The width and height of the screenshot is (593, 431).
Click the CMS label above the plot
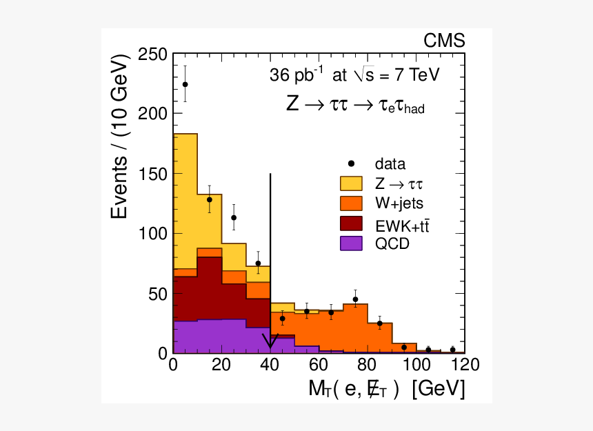pos(443,41)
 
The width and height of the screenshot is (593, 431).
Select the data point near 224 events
pos(185,84)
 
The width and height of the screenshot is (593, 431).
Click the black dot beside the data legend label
pos(352,163)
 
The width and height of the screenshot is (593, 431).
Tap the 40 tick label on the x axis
pos(270,365)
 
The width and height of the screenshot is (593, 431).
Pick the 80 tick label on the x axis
pos(368,365)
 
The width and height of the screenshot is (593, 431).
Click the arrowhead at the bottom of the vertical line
pos(270,343)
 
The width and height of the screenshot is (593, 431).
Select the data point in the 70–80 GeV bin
pos(355,299)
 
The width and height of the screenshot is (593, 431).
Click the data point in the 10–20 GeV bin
pos(209,199)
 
